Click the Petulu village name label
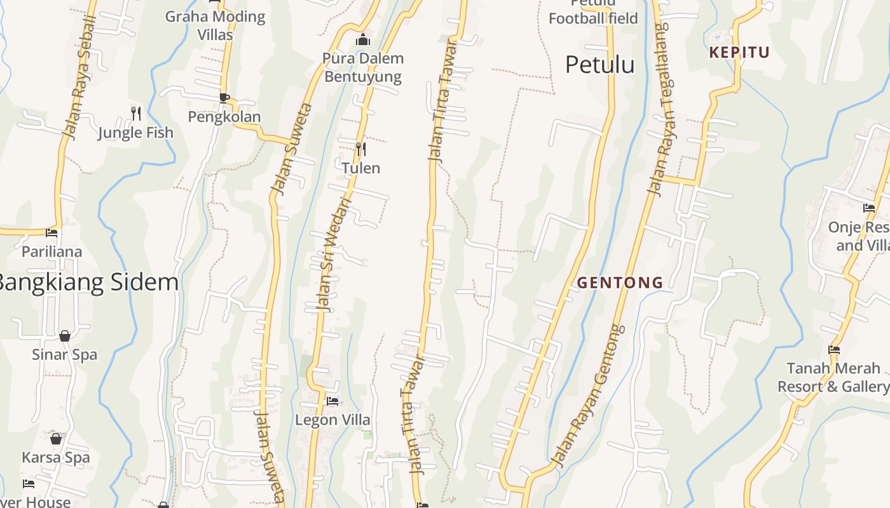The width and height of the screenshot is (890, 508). click(x=599, y=65)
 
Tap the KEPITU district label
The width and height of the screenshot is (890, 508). click(x=739, y=53)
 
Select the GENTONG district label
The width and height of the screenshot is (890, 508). click(x=620, y=283)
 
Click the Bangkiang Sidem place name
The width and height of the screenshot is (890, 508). click(x=88, y=283)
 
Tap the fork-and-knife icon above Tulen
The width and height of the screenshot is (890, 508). click(x=361, y=149)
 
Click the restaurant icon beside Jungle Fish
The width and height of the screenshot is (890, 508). click(x=135, y=114)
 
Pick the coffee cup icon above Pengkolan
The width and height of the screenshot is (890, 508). click(x=224, y=98)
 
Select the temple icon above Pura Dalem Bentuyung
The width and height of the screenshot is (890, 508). click(x=363, y=40)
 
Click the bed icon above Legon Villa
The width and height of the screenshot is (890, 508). click(x=332, y=401)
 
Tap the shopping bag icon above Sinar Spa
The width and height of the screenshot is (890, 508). click(x=65, y=335)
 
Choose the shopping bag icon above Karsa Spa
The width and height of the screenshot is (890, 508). click(x=56, y=438)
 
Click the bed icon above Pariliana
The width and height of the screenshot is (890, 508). click(x=51, y=232)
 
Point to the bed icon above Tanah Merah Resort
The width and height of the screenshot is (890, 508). click(x=834, y=349)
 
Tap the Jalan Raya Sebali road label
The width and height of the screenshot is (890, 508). click(x=79, y=77)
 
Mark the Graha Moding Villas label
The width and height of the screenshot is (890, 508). click(x=216, y=25)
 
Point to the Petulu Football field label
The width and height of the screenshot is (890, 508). click(x=593, y=13)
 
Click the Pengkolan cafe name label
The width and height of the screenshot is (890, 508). click(x=224, y=117)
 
